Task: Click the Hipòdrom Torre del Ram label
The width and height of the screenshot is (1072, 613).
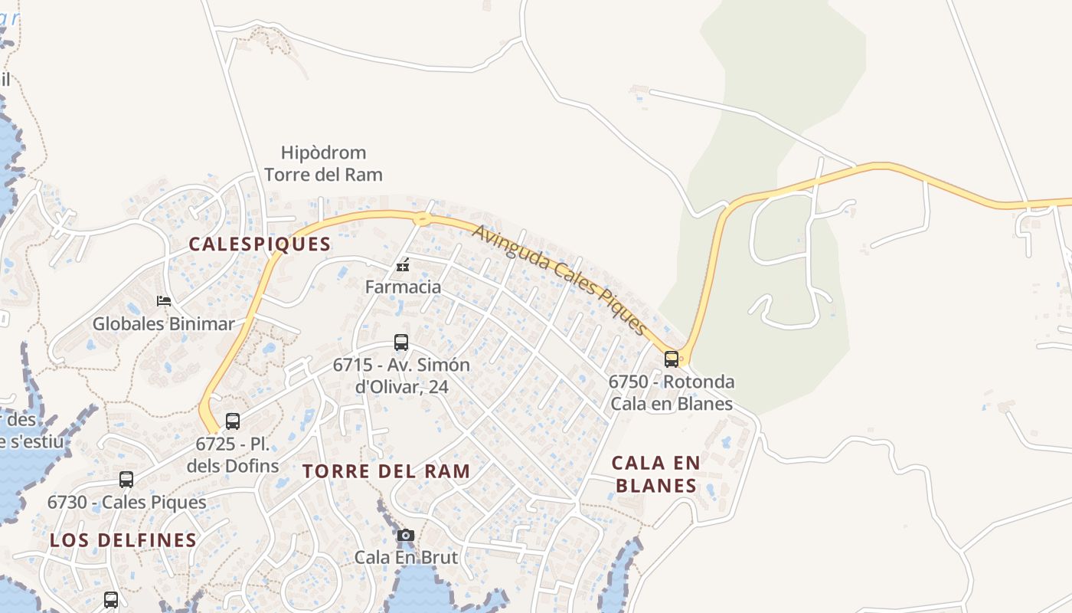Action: coord(323,164)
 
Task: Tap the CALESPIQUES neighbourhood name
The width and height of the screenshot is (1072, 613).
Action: coord(260,244)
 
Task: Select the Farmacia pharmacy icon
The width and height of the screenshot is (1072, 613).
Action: coord(403,266)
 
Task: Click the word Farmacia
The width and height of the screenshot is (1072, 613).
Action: coord(403,287)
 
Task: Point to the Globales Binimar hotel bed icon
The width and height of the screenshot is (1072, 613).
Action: coord(163,300)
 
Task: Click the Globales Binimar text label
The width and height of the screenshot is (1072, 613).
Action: coord(163,324)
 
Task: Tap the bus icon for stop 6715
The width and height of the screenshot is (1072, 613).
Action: coord(401,343)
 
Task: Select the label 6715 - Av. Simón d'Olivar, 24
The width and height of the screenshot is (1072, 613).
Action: coord(401,375)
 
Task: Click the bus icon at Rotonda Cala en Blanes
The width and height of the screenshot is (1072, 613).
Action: coord(672,359)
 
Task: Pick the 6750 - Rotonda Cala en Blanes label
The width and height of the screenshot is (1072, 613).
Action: coord(672,392)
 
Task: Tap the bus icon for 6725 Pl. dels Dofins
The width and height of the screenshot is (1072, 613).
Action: coord(233,421)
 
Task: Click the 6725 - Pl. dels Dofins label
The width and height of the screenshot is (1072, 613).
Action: coord(233,454)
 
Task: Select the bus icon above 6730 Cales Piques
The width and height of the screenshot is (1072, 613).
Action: coord(126,480)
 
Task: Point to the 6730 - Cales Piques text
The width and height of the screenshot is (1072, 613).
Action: coord(126,503)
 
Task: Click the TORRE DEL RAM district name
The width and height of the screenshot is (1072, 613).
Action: coord(386,471)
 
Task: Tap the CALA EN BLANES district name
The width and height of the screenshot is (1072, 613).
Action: coord(656,474)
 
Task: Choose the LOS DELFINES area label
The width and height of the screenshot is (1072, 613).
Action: coord(123,540)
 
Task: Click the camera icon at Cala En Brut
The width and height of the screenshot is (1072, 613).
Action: coord(406,535)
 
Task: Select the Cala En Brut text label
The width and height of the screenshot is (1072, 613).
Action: coord(406,557)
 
